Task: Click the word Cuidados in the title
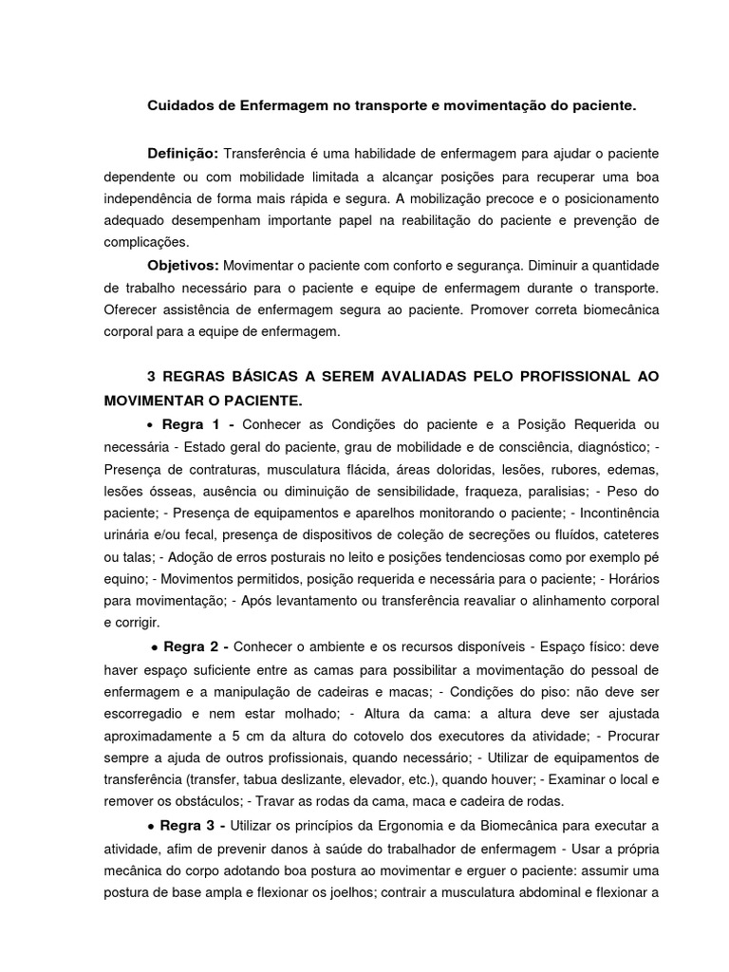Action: pos(178,108)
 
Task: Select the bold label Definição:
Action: pos(182,154)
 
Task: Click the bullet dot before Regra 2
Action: pos(154,647)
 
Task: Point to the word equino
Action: pos(124,579)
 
